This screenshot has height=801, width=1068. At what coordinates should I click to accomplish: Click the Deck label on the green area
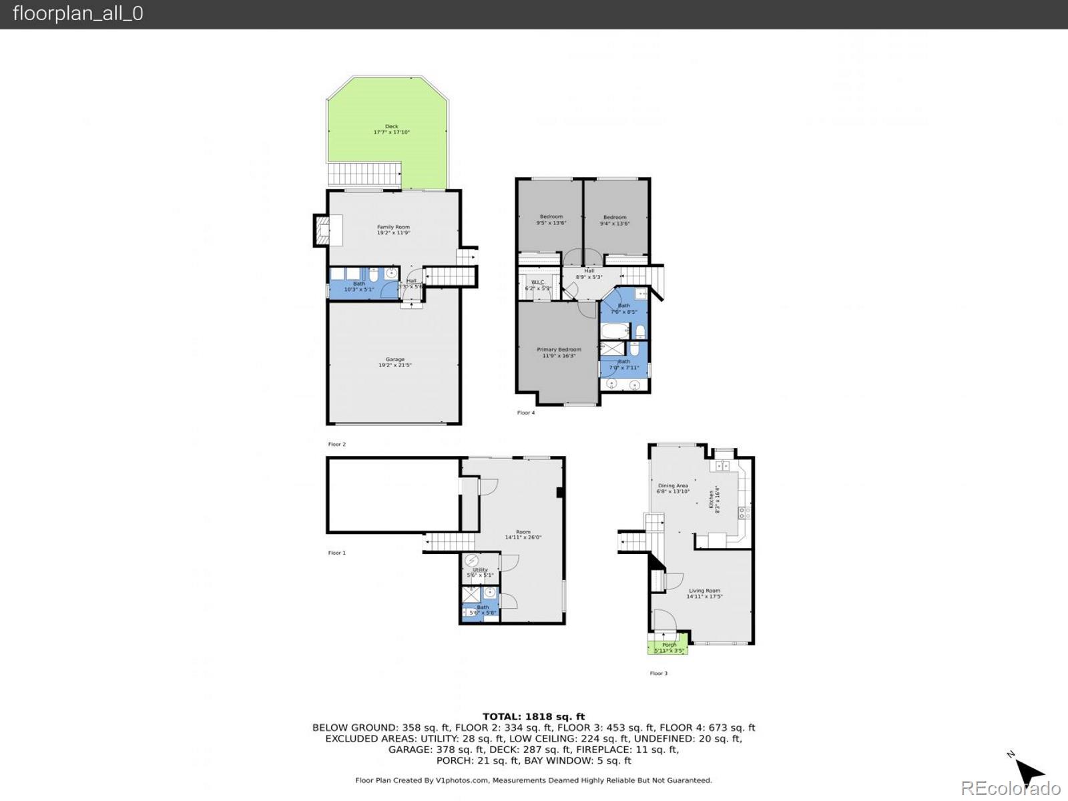click(392, 129)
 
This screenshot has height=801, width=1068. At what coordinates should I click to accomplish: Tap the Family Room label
click(393, 230)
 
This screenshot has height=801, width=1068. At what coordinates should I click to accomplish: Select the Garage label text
click(394, 362)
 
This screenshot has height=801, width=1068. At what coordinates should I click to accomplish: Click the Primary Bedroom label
click(559, 352)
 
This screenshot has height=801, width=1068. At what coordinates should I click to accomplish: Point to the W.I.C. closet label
click(537, 285)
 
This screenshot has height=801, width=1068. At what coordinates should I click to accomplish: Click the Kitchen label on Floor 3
click(714, 499)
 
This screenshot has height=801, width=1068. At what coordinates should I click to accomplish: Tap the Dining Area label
click(672, 489)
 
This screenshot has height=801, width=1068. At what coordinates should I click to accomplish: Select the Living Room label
click(704, 593)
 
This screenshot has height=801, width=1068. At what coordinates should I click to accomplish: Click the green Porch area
click(667, 647)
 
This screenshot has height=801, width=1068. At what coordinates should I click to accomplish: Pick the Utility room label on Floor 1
click(480, 572)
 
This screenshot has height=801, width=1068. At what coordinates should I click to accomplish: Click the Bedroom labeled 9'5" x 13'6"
click(551, 220)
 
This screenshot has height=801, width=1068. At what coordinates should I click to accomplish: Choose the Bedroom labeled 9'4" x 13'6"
click(615, 220)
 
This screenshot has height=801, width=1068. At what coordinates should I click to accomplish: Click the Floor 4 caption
click(526, 413)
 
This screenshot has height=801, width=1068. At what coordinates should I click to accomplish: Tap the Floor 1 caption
click(337, 553)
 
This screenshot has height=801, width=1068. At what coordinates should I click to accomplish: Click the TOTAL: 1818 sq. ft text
click(533, 717)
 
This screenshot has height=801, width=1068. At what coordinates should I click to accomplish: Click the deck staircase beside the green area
click(364, 174)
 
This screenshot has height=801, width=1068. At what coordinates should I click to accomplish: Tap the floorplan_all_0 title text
click(78, 13)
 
